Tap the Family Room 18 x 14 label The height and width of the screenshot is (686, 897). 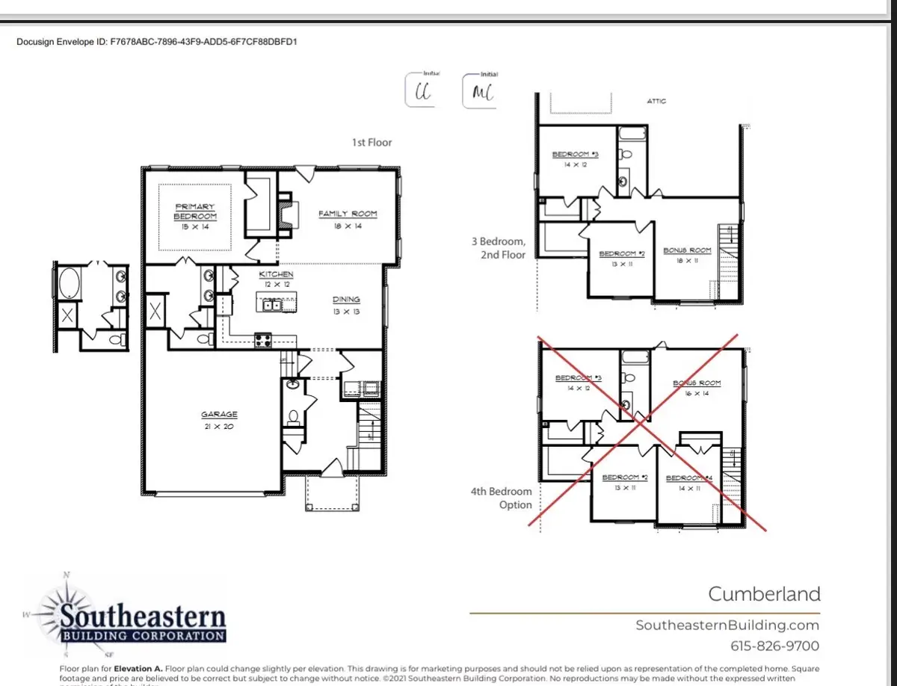348,219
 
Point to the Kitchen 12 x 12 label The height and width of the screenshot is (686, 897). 277,279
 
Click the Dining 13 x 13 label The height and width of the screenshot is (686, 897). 346,305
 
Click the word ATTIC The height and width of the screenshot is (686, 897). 656,101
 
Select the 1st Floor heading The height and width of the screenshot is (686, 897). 372,142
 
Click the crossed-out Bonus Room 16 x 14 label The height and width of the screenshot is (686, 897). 697,387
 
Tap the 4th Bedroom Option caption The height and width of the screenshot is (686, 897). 501,498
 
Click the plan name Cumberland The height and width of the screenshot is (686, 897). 764,594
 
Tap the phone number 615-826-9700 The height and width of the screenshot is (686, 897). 774,646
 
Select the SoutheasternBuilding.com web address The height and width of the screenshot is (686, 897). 727,625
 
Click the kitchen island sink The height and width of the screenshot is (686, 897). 270,305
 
